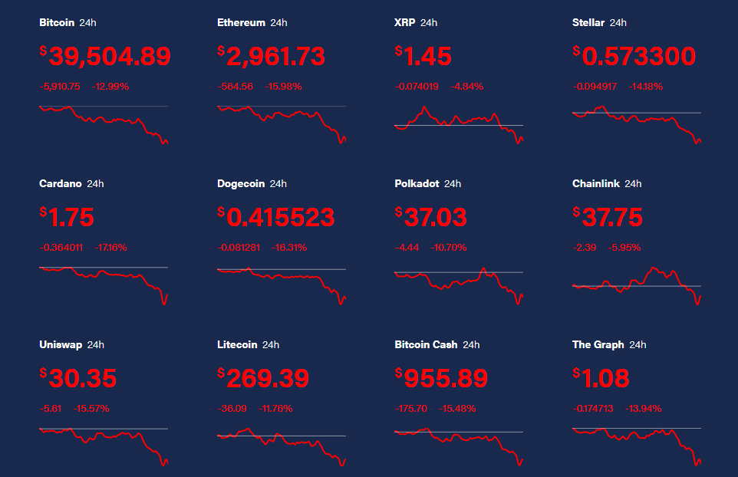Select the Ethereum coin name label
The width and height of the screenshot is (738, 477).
[241, 22]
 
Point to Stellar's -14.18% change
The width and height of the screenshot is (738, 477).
[645, 86]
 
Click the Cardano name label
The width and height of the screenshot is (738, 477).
[61, 183]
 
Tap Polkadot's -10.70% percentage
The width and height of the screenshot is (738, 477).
[449, 247]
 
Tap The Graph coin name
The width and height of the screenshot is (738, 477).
[598, 344]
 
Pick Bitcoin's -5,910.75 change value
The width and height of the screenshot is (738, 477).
[60, 86]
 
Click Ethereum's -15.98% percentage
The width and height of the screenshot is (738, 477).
[284, 86]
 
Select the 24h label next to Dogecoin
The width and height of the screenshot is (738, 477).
[278, 183]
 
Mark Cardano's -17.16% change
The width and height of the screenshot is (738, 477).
[111, 247]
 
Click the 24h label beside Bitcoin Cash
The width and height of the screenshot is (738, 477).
[471, 344]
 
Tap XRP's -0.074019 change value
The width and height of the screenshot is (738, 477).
[417, 86]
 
